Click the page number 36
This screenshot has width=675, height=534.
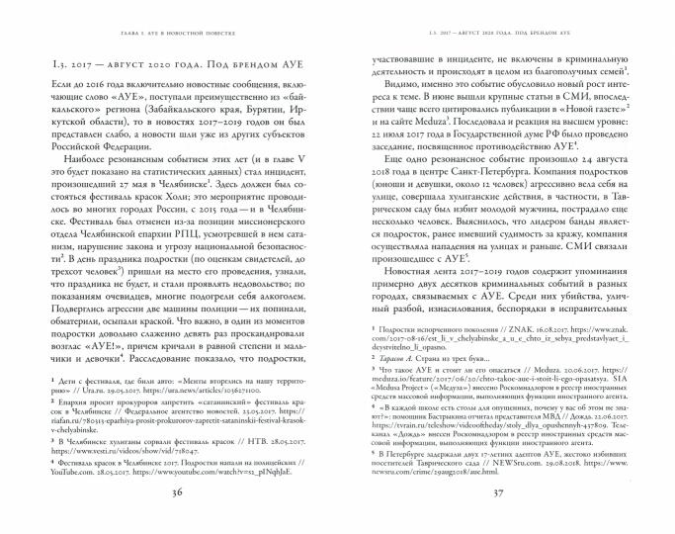coord(180,494)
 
